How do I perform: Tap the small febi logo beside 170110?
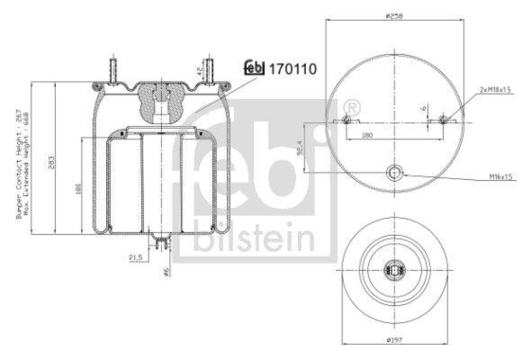254,67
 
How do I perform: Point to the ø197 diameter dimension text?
396,340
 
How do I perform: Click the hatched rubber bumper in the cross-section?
160,98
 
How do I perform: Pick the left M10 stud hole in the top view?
347,120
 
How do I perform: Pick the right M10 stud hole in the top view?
443,120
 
